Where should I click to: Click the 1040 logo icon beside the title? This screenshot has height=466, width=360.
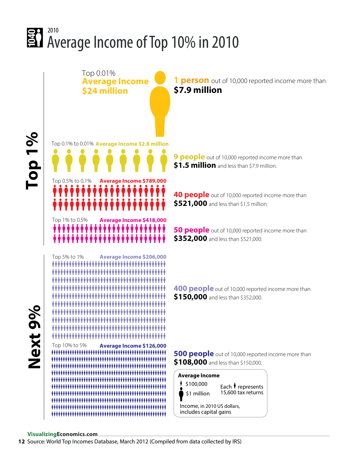[35, 38]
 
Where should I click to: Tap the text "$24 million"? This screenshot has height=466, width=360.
[105, 91]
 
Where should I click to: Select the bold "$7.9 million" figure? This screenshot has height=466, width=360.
[198, 90]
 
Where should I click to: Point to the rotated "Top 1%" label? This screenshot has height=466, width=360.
[32, 160]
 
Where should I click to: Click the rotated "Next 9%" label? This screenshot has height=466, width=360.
[34, 337]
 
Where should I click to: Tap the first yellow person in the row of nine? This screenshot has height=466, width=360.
[55, 160]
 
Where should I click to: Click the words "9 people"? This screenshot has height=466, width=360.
[189, 157]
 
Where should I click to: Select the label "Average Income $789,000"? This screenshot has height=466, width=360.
[133, 181]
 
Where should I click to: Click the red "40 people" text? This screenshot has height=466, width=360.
[191, 195]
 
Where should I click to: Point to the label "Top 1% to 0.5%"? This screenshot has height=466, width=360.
[70, 220]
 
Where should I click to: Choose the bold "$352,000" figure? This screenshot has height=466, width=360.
[190, 239]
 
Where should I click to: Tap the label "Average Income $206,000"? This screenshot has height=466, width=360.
[133, 257]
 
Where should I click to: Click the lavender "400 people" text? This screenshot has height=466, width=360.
[193, 288]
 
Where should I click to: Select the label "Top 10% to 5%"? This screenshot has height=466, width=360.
[69, 345]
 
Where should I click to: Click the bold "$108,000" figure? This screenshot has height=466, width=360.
[190, 362]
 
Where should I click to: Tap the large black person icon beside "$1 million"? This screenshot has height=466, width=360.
[181, 394]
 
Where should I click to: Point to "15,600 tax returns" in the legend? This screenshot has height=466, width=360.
[242, 393]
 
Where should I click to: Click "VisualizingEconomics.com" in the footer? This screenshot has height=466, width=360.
[62, 434]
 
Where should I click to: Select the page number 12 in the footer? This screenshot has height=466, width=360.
[21, 441]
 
